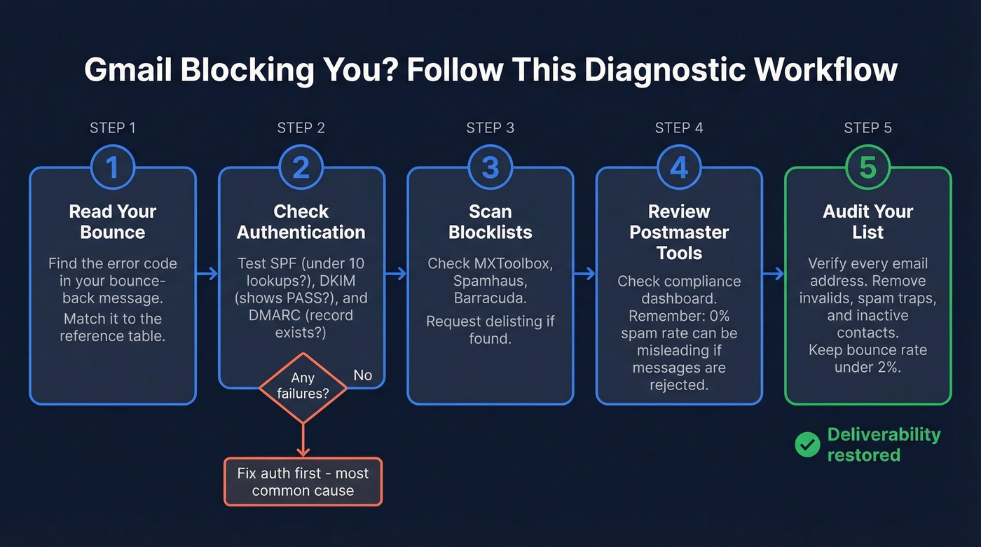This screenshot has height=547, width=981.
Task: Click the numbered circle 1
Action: [112, 167]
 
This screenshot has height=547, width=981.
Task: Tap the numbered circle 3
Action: [490, 167]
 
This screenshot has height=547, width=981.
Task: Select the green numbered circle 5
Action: [867, 167]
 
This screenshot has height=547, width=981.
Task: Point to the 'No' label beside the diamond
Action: [362, 375]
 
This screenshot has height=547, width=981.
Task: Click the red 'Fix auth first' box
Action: [303, 482]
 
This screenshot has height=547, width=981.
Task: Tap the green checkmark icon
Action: [807, 445]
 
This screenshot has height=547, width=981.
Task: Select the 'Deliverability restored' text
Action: [883, 445]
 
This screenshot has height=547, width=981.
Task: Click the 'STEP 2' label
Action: [301, 127]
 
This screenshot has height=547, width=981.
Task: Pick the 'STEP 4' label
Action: [679, 127]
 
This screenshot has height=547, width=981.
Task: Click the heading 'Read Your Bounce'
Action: [112, 221]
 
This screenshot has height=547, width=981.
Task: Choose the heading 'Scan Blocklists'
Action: [490, 221]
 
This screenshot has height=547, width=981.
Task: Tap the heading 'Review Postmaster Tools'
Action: [679, 232]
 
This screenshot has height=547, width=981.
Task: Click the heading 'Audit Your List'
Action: [867, 221]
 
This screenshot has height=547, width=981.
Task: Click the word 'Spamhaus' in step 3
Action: [490, 281]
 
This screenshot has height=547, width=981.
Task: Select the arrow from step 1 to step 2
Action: [207, 274]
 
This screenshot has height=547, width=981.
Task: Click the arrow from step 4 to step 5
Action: [774, 274]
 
